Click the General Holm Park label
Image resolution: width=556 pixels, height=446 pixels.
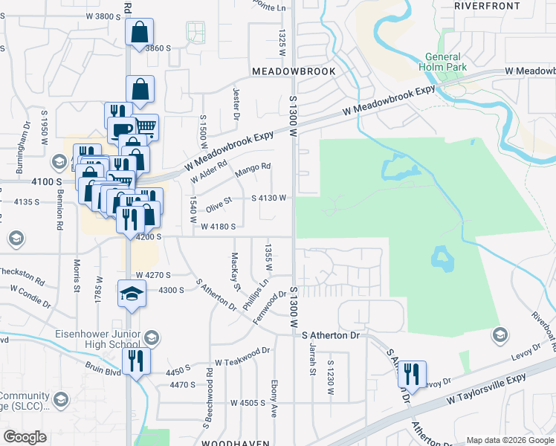pyautogui.click(x=443, y=62)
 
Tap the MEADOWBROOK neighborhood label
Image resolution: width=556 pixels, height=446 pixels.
pyautogui.click(x=294, y=71)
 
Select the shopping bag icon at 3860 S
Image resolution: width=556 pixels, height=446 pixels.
pyautogui.click(x=139, y=33)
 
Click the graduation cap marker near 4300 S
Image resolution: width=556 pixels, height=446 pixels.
pyautogui.click(x=131, y=293)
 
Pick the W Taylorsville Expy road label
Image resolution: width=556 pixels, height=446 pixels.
pyautogui.click(x=486, y=390)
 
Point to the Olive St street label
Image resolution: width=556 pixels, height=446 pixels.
pyautogui.click(x=219, y=201)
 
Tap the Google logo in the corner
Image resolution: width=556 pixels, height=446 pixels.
pyautogui.click(x=24, y=437)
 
